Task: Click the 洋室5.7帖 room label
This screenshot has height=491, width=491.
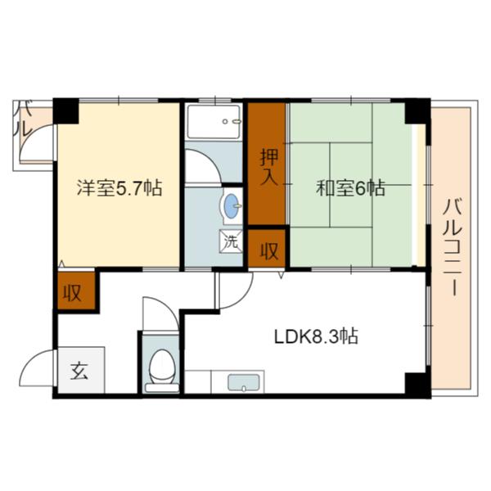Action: (119, 188)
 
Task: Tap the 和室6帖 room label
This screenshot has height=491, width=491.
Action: (351, 188)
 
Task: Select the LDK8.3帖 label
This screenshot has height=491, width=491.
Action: (314, 336)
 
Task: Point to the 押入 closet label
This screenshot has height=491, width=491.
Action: (267, 169)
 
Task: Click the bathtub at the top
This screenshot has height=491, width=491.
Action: (214, 122)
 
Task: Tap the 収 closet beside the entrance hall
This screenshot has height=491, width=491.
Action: (74, 293)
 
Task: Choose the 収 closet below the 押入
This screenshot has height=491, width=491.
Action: (268, 249)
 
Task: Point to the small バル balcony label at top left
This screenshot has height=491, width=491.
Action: (24, 119)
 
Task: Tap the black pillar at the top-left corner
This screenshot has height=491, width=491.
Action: (65, 110)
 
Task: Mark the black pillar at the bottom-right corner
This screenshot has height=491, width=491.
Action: (417, 383)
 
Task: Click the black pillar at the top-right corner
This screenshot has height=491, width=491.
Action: (417, 110)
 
